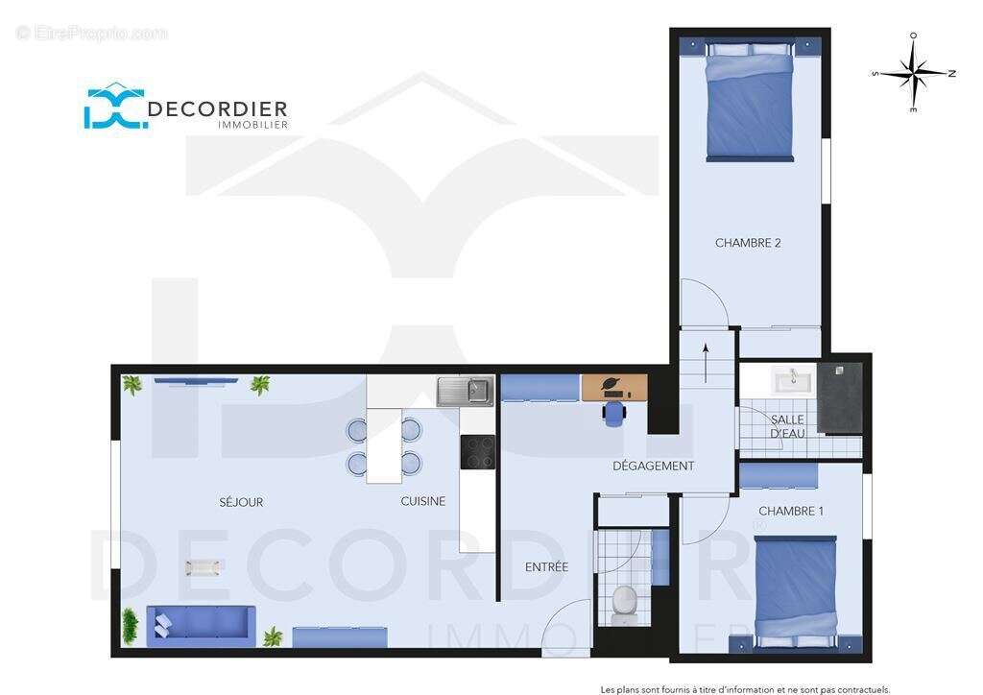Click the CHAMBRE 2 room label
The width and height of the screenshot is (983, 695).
point(748,243)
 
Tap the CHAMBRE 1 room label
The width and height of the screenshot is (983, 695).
point(790,511)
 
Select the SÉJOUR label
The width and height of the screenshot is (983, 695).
point(241,502)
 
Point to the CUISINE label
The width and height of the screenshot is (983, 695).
point(422,501)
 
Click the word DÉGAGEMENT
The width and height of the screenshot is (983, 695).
point(653,467)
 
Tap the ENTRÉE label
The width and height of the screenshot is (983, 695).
point(546,567)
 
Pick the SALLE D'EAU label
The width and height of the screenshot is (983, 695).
point(787,427)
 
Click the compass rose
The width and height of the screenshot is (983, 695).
point(913,73)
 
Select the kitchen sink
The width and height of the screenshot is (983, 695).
point(465,391)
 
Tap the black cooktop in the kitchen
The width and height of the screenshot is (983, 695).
point(477,451)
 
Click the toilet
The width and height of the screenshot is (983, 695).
point(624,600)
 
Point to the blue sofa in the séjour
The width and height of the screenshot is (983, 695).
point(200,624)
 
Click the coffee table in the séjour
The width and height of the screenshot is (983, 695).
point(203,567)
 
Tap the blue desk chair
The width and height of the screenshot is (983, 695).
point(613,413)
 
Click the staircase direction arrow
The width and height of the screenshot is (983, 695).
point(706,364)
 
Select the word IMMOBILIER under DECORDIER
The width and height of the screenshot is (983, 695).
point(252,125)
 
